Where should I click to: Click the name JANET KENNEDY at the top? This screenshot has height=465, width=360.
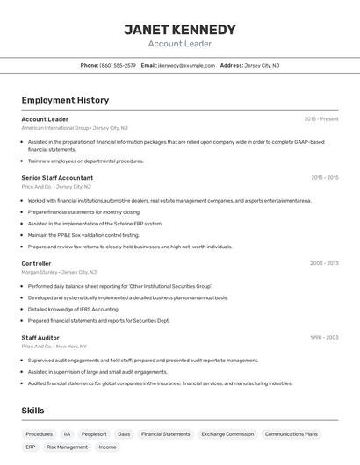click(180, 30)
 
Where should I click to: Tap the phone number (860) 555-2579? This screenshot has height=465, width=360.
click(118, 65)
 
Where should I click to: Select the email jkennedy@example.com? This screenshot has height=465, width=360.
click(186, 65)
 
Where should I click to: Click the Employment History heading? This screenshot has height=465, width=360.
click(65, 100)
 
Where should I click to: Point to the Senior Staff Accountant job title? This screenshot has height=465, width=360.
click(57, 177)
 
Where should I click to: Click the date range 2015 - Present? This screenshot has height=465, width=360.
click(321, 119)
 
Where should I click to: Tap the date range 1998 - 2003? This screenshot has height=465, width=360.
click(324, 337)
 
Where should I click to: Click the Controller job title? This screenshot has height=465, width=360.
click(36, 263)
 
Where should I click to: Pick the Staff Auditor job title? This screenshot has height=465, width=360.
click(40, 337)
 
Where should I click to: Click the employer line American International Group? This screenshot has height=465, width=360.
click(55, 128)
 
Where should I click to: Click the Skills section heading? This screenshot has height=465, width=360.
click(32, 411)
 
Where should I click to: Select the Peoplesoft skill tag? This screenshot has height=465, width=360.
click(94, 434)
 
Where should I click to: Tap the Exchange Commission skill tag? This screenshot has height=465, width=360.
click(227, 434)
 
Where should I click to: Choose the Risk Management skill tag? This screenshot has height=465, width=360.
click(67, 447)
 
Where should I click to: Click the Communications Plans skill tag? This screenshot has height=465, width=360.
click(291, 434)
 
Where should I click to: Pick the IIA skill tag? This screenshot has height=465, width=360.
click(67, 434)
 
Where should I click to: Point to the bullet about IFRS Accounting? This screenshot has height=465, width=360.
click(73, 309)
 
